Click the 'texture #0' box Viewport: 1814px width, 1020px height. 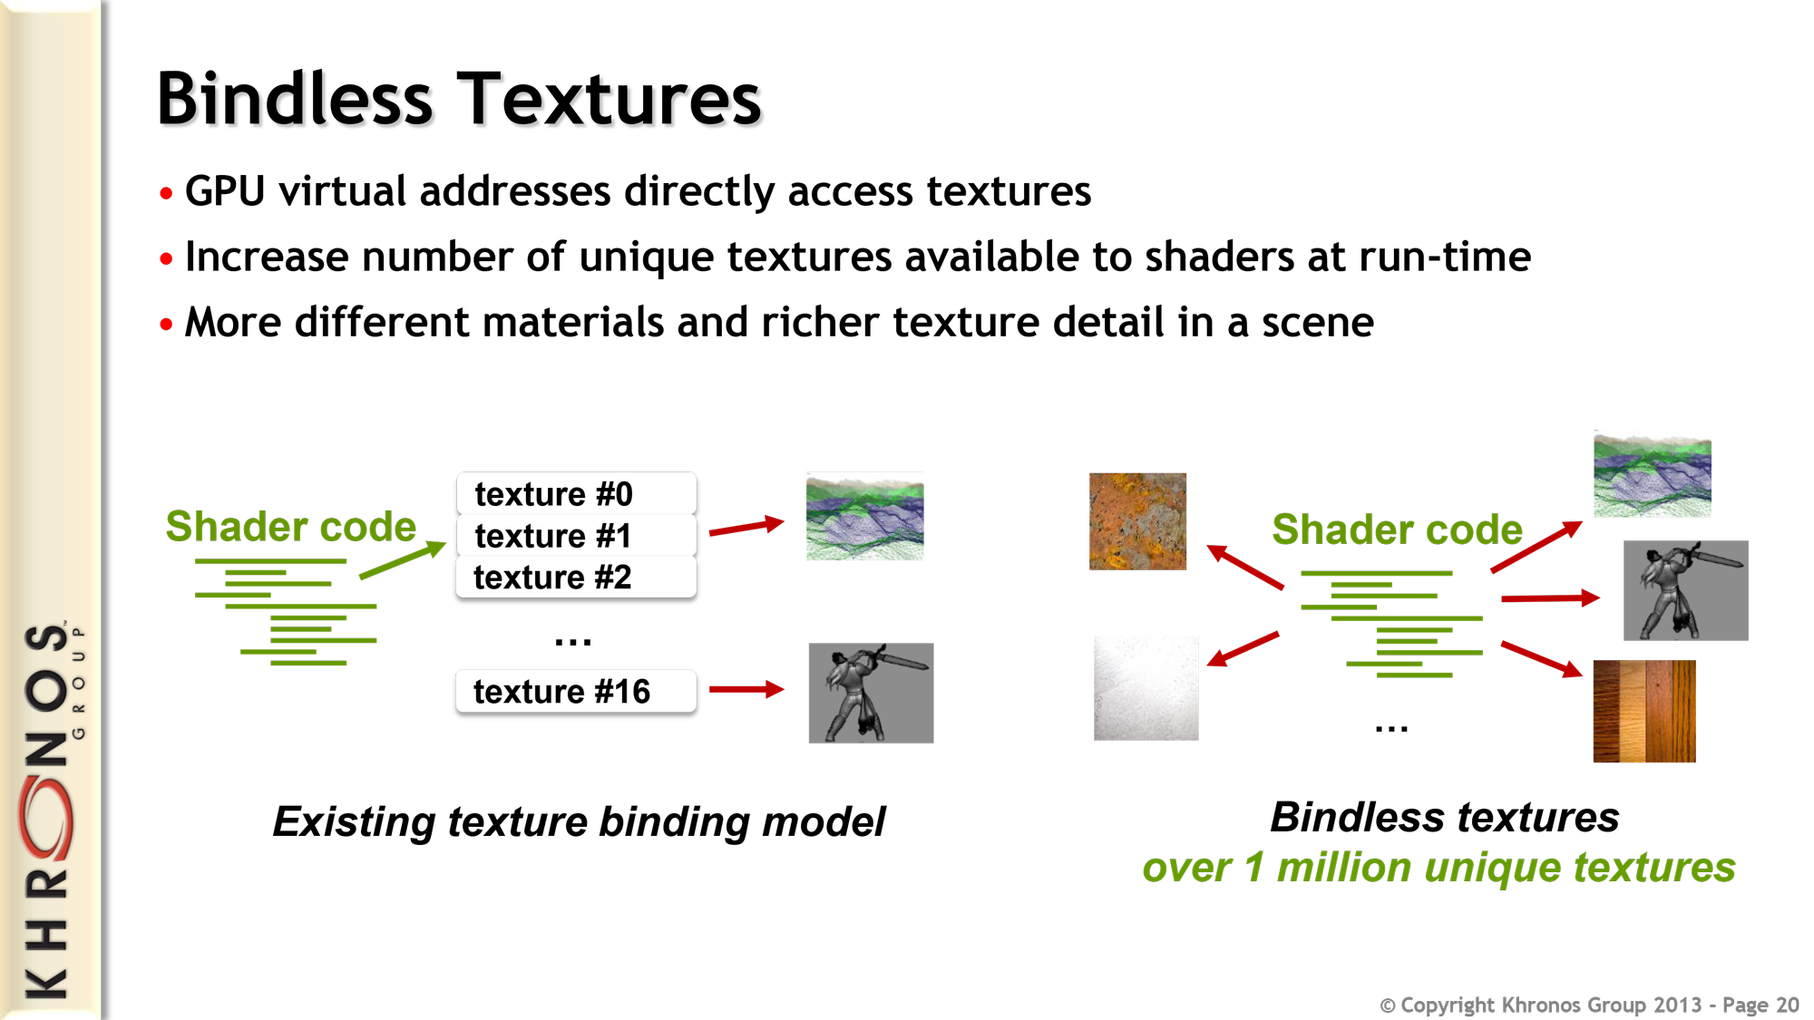coord(576,493)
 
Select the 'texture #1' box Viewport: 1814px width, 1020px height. coord(576,535)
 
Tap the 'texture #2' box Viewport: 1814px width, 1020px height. coord(576,577)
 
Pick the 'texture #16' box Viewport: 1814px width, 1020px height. coord(576,691)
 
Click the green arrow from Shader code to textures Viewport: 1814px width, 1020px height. coord(403,559)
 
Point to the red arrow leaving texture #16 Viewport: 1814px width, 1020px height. coord(746,689)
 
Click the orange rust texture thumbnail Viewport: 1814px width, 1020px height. coord(1137,521)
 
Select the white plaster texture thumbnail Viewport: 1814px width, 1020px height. coord(1146,688)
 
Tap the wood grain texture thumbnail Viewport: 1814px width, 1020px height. coord(1644,711)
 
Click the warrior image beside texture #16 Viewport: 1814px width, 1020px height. coord(871,693)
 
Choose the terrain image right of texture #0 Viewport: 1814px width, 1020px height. coord(864,516)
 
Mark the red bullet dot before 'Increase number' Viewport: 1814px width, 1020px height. coord(166,259)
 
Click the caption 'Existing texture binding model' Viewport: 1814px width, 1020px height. coord(579,821)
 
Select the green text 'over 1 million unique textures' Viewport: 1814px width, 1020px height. coord(1439,868)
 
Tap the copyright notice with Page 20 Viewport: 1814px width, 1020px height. coord(1589,1005)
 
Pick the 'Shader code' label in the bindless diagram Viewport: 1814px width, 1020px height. coord(1397,529)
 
